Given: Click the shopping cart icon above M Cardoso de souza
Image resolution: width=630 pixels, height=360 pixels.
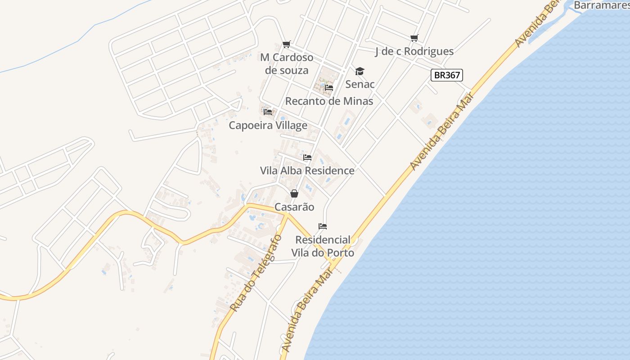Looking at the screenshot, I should pos(286,44).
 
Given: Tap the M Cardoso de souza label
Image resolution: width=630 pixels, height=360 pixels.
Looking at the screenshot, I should pos(287,64).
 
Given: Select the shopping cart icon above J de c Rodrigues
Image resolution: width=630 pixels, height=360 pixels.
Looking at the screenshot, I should pos(414,38).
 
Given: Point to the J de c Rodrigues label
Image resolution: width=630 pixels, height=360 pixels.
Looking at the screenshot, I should pos(414,51).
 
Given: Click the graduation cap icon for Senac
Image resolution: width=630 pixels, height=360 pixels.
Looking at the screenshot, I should pos(359,71).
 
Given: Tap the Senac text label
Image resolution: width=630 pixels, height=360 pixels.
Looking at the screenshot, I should pos(360,84).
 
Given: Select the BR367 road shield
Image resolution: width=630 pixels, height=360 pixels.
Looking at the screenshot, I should pos(446,75).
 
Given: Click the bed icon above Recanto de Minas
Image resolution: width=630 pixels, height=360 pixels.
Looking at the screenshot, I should pos(329,88).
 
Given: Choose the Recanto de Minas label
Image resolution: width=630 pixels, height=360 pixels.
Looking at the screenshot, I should pos(329,101).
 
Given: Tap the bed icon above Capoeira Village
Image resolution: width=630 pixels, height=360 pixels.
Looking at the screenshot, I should pos(268,112).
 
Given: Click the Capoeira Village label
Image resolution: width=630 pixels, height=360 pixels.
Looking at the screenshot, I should pos(268,125).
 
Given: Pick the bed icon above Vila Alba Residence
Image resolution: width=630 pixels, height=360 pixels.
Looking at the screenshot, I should pos(307,157).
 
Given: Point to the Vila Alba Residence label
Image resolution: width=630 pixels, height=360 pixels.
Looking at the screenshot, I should pos(307,171).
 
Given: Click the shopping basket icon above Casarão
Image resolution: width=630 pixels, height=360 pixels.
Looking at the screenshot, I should pos(294,193).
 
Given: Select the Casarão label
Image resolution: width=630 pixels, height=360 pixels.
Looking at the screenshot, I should pos(294,207).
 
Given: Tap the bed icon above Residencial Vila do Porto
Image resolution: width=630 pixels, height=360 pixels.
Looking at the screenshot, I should pos(322,226).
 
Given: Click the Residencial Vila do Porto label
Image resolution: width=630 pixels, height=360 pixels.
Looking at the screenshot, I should pos(323,246).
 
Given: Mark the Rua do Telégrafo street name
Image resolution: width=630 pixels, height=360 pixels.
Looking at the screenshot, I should pos(256,273).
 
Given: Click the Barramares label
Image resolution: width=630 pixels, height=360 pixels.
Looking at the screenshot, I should pos(601,5).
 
